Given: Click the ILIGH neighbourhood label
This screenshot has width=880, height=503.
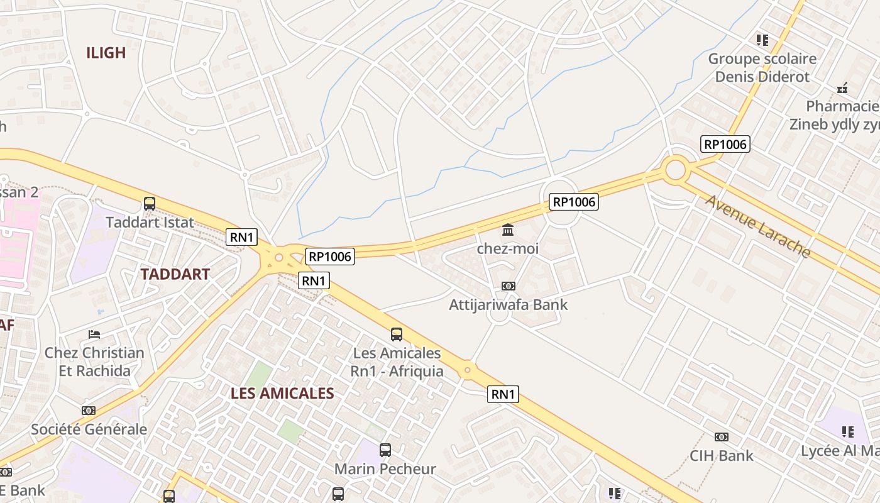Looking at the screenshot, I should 106,53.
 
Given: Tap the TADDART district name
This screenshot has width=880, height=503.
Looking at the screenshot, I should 175,274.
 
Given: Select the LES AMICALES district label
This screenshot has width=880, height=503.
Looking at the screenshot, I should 282,394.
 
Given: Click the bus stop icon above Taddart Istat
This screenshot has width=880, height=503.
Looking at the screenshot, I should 150,204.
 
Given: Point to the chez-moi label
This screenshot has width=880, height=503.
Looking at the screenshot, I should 508,248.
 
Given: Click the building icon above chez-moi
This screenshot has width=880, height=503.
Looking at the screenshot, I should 508,229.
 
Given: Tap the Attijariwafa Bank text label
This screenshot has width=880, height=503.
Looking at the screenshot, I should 508,305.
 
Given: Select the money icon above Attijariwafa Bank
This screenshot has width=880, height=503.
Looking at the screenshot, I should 508,286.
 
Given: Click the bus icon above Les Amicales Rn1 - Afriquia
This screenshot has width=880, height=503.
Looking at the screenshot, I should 397,334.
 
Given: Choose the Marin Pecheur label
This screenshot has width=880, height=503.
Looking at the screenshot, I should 385,469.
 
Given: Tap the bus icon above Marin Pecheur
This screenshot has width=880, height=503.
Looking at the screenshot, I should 385,450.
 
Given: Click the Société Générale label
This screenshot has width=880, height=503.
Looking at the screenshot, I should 89,429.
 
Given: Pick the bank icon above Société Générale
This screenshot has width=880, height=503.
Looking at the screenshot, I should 89,411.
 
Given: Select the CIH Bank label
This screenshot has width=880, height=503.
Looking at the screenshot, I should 722,456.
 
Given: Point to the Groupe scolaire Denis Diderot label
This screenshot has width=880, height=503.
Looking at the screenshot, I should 762,68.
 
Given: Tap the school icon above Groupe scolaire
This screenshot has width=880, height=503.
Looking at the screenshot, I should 762,40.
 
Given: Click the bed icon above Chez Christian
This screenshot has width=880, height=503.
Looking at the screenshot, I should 94,334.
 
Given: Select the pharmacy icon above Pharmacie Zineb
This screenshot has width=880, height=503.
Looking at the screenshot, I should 843,88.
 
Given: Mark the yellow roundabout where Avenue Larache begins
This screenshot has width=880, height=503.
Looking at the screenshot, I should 675,169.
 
